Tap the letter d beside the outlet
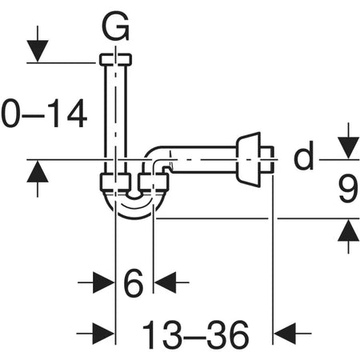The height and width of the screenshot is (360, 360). (303, 158)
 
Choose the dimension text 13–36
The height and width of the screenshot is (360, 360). (195, 331)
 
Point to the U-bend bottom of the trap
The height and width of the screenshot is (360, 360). (134, 209)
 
